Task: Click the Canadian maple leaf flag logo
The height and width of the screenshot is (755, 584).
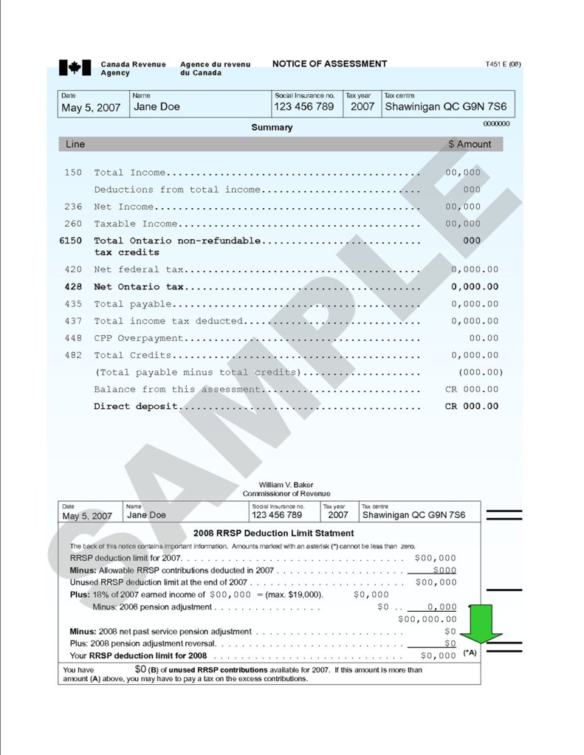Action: coord(74,68)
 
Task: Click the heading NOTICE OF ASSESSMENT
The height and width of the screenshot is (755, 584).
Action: coord(329,64)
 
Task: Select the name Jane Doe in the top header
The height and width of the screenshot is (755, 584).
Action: coord(157,107)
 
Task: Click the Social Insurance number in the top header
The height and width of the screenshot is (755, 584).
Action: coord(303,107)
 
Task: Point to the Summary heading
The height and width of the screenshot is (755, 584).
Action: coord(272,128)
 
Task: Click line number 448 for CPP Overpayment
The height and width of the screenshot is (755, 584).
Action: coord(73,338)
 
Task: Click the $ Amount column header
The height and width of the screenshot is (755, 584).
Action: coord(470,145)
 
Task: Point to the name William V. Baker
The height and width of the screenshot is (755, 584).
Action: coord(286,485)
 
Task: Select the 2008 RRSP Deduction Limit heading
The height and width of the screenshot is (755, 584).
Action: coord(273,533)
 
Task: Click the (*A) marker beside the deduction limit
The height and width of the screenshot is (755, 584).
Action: coord(470,653)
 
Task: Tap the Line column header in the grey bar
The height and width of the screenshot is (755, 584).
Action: coord(75,145)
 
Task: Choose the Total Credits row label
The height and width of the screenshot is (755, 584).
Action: coord(130,356)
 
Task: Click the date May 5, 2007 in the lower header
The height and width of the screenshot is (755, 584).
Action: coord(87,516)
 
